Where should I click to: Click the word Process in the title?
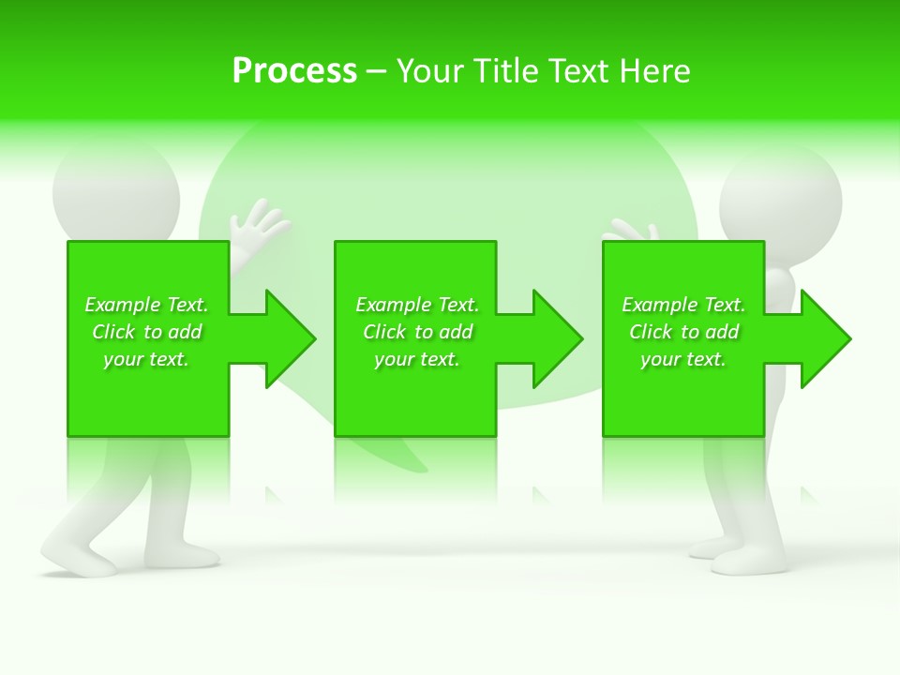tap(294, 71)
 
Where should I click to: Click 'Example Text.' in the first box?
tap(146, 305)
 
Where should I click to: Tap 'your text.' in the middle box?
tap(417, 359)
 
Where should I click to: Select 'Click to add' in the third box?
tap(684, 332)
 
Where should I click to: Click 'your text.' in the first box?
tap(146, 359)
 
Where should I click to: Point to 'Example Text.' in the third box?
tap(683, 305)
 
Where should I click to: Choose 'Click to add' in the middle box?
tap(417, 332)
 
